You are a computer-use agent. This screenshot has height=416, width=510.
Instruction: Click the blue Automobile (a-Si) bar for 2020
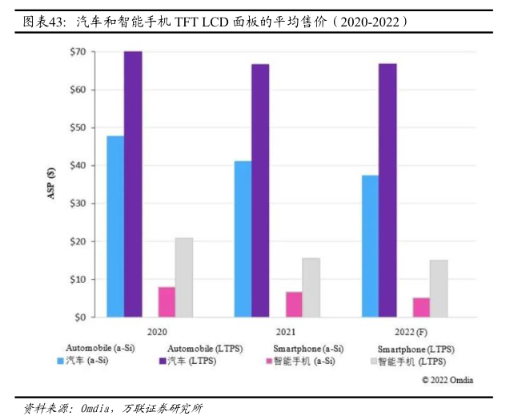pyautogui.click(x=115, y=227)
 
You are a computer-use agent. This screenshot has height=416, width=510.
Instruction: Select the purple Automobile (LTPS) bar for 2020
pyautogui.click(x=133, y=184)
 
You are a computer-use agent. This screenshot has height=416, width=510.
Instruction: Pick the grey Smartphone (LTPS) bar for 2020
pyautogui.click(x=184, y=277)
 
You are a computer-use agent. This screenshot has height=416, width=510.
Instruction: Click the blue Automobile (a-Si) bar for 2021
pyautogui.click(x=243, y=240)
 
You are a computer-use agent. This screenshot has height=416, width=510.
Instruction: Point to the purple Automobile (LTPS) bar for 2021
pyautogui.click(x=260, y=191)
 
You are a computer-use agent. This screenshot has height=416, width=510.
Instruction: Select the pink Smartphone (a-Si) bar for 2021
pyautogui.click(x=294, y=305)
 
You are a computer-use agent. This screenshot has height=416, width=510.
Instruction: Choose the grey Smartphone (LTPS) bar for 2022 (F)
pyautogui.click(x=438, y=289)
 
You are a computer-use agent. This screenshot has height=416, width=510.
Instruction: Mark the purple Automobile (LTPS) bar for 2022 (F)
pyautogui.click(x=388, y=191)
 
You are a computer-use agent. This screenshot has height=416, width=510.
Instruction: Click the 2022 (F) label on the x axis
pyautogui.click(x=413, y=330)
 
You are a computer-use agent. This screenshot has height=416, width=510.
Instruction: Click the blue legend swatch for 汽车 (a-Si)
pyautogui.click(x=60, y=361)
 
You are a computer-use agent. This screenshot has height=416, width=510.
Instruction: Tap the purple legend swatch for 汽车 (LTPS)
pyautogui.click(x=163, y=361)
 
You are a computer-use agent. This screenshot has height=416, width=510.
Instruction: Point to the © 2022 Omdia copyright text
pyautogui.click(x=448, y=380)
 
